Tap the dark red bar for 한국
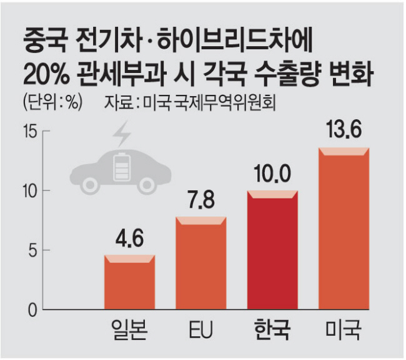coord(273,250)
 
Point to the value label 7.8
coord(201,202)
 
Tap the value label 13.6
coord(344,132)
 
